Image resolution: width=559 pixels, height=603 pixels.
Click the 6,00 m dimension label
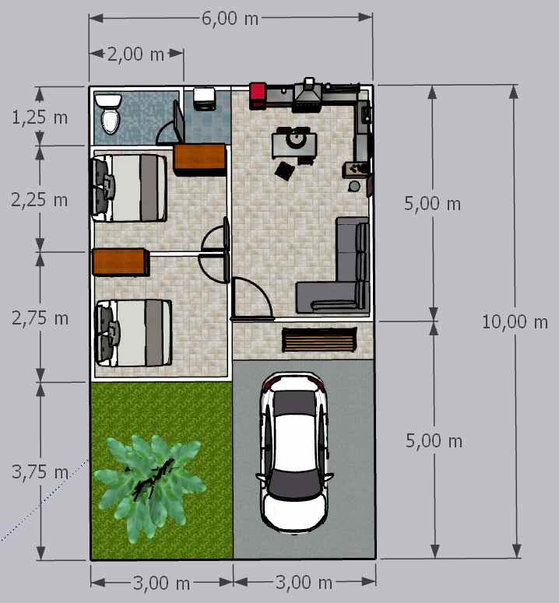(x=230, y=19)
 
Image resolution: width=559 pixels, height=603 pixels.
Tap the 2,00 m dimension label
(x=135, y=54)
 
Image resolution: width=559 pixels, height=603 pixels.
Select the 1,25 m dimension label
(x=40, y=117)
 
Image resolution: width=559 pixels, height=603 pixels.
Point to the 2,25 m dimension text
(x=40, y=200)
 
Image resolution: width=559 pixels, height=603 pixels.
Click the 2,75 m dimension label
(x=40, y=318)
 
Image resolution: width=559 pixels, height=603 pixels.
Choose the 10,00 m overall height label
(x=515, y=321)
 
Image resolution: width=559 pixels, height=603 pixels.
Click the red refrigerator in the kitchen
(x=258, y=94)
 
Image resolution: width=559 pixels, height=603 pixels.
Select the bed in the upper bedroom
(x=130, y=188)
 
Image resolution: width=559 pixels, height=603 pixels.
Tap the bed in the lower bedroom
(x=133, y=333)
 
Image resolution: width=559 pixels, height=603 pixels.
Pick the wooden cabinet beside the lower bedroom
(x=119, y=261)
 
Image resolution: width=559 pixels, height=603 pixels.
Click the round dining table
(x=295, y=140)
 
